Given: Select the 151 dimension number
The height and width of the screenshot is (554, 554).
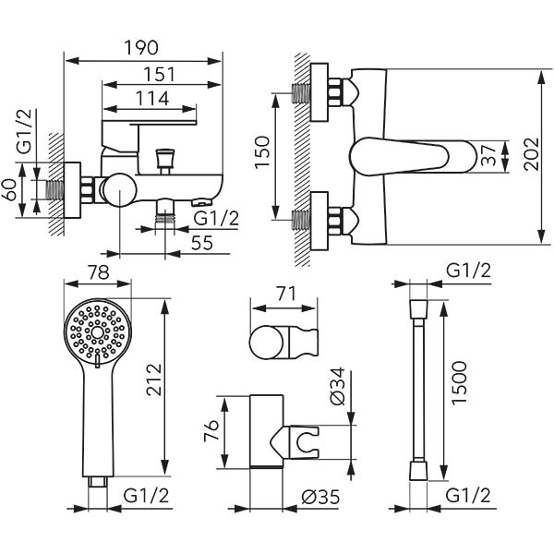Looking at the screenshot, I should point(154,73).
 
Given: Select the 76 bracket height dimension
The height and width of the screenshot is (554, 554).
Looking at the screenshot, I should point(210,431).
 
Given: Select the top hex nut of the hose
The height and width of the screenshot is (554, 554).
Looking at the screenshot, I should point(417,304).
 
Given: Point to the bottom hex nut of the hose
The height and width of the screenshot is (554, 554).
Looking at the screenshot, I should point(417,471).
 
